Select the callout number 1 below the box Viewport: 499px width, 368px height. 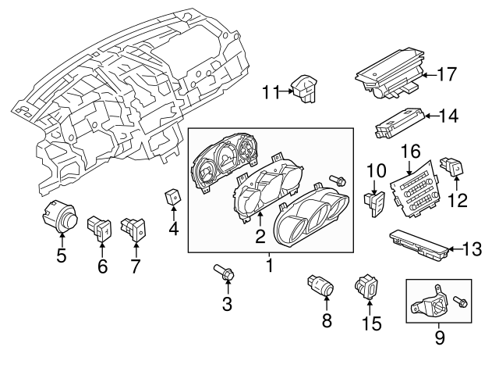[269, 267]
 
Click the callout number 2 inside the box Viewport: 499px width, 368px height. [259, 235]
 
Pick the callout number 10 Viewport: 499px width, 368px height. [376, 170]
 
